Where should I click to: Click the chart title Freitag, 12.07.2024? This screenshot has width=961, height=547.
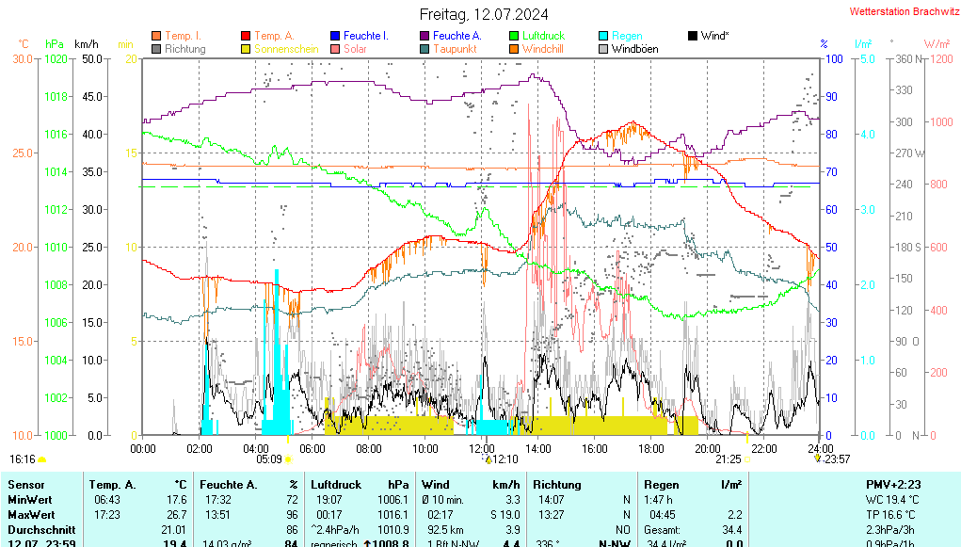[x=484, y=14]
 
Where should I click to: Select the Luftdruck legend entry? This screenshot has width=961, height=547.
[x=543, y=36]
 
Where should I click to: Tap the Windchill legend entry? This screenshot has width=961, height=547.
[x=542, y=48]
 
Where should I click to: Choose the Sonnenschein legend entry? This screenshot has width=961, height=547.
[x=286, y=48]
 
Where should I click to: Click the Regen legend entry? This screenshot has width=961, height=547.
[x=627, y=36]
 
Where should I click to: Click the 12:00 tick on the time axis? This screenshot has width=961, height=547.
[x=482, y=447]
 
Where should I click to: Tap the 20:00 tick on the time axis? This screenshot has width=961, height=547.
[x=708, y=447]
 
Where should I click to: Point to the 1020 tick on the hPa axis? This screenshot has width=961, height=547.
[x=56, y=58]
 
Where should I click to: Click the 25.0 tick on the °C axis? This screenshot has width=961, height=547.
[x=22, y=153]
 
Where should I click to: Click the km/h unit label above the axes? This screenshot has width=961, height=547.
[x=87, y=44]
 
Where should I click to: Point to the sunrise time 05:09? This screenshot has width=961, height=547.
[x=269, y=459]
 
